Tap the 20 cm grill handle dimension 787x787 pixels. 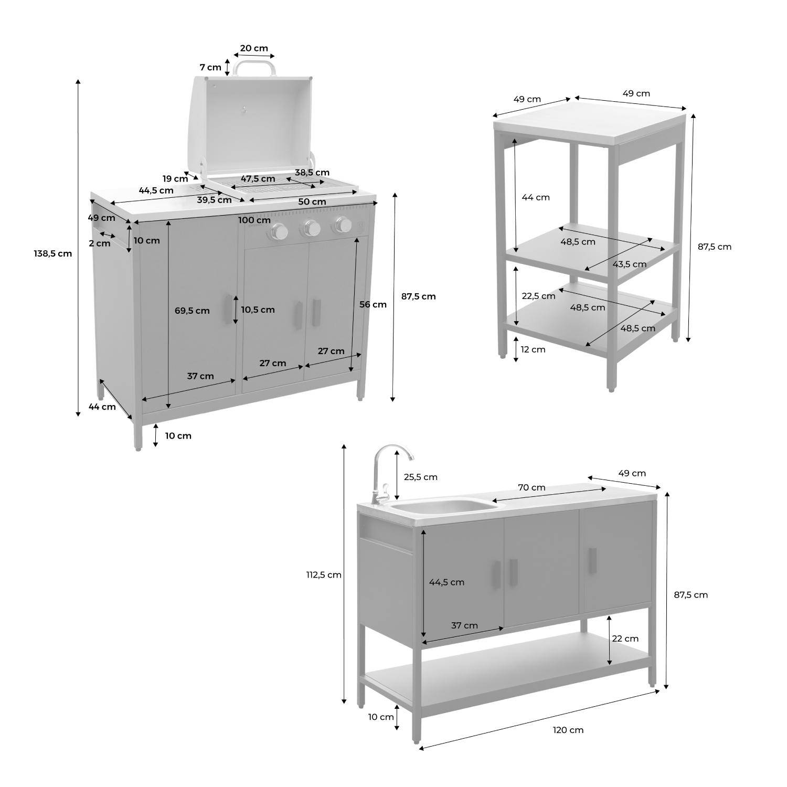(x=254, y=48)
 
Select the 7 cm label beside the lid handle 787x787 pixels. (x=210, y=67)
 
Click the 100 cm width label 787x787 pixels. (x=254, y=220)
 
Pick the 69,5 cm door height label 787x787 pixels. (x=192, y=311)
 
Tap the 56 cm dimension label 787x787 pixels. (x=373, y=304)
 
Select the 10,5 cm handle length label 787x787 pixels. (x=258, y=310)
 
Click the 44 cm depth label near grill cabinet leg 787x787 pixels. (x=102, y=407)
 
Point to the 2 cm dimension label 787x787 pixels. (x=100, y=243)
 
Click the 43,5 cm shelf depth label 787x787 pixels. (x=630, y=264)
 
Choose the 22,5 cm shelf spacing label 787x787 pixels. (x=538, y=296)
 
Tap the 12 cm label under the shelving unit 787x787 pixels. (x=533, y=349)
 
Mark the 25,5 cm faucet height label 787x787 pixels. (x=420, y=477)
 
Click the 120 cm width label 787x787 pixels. (x=568, y=730)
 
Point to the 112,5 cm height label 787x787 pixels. (x=324, y=575)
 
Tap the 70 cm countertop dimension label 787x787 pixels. (x=531, y=487)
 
